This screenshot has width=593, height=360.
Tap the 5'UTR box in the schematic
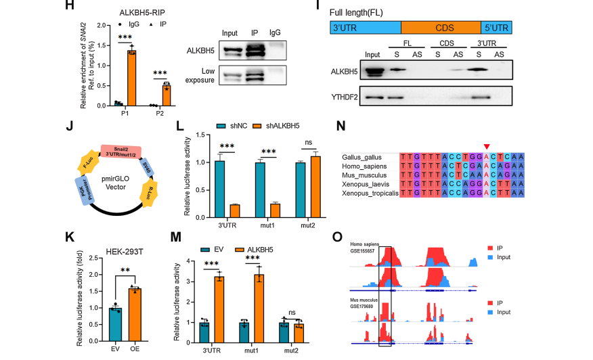coord(496,28)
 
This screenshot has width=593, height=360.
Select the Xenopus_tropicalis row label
coord(371,194)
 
